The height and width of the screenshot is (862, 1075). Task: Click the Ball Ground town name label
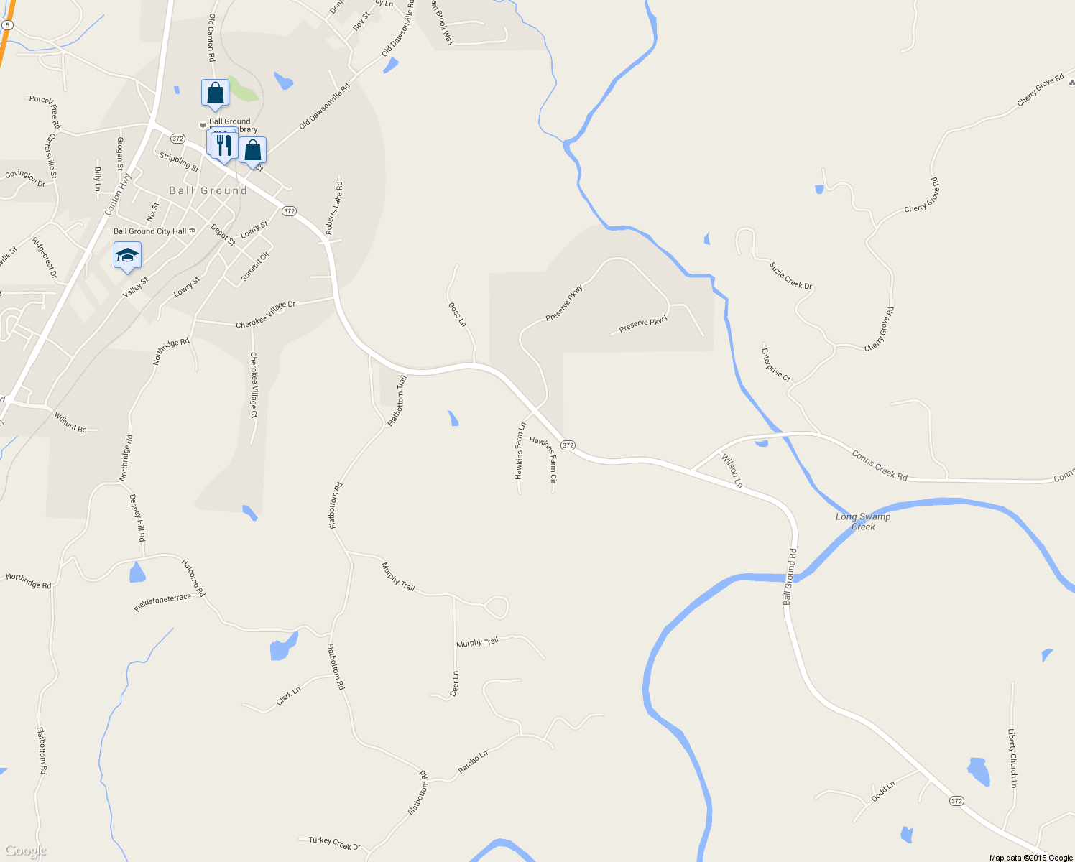(208, 190)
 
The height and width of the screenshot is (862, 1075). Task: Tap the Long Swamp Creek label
(863, 522)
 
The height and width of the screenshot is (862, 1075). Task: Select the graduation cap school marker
(127, 256)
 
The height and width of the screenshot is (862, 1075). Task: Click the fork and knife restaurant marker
(225, 144)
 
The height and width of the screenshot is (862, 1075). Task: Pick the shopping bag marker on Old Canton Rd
(215, 93)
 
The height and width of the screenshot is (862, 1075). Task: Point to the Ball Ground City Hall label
(150, 231)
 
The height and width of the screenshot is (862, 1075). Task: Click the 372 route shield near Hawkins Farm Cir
(568, 445)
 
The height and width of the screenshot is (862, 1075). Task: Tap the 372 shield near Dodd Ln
(956, 800)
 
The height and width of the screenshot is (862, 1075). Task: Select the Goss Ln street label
(457, 314)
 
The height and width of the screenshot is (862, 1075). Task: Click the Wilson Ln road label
(732, 471)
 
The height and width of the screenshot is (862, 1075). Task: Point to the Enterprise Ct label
(776, 365)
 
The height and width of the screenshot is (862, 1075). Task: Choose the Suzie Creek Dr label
(790, 276)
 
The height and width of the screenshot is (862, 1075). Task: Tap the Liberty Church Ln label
(1012, 759)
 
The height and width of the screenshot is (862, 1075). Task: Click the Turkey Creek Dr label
(334, 843)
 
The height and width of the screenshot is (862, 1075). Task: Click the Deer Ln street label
(454, 684)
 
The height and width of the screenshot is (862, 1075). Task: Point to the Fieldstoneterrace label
(163, 603)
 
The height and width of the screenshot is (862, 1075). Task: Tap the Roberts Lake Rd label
(334, 208)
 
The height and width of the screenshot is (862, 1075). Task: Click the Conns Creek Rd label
(880, 465)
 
